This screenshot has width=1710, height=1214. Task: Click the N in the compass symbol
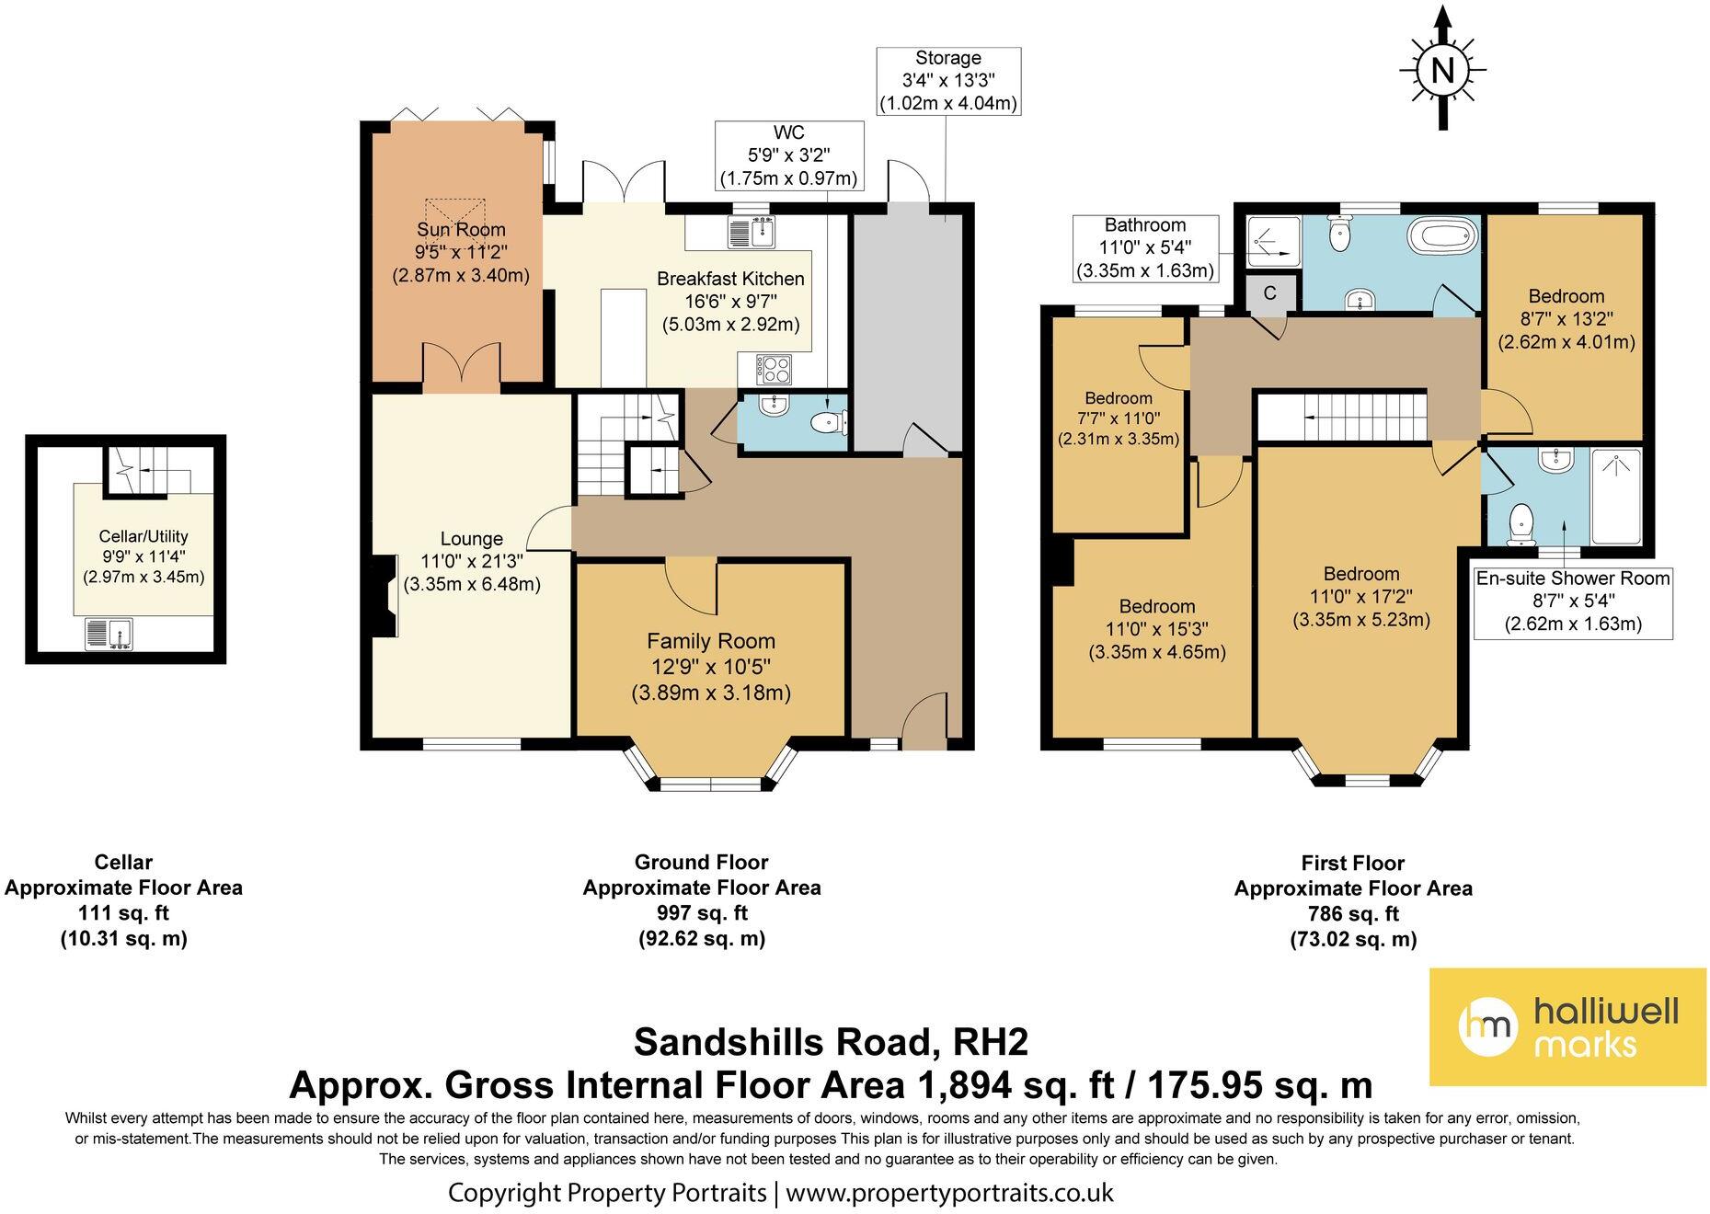tap(1442, 70)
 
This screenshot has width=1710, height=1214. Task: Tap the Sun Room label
tap(461, 230)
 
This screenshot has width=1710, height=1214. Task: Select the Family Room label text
tap(711, 641)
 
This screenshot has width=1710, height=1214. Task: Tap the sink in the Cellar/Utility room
tap(109, 633)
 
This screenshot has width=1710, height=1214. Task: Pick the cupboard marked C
tap(1270, 293)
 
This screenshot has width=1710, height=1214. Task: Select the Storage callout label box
tap(948, 81)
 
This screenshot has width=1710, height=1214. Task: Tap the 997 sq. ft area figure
tap(702, 913)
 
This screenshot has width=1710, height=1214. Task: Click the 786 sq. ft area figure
tap(1353, 914)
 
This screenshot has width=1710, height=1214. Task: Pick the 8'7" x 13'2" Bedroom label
tap(1567, 319)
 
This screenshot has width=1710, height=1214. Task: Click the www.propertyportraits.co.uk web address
tap(949, 1193)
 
